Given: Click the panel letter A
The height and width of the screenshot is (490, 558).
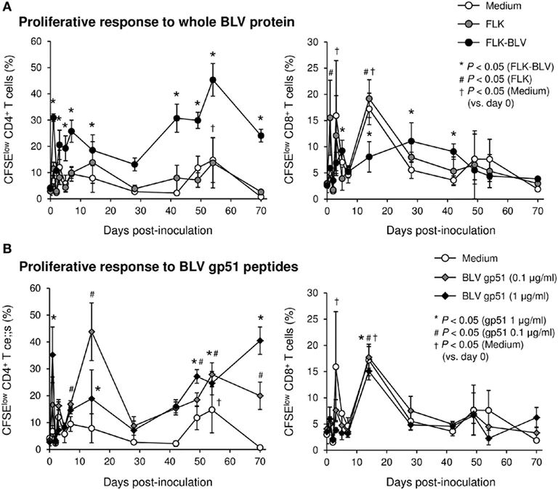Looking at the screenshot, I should click(x=7, y=7).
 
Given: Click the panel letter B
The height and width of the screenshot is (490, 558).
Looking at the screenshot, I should click(x=7, y=249).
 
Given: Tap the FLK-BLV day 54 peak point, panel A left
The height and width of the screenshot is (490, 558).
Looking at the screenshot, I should click(x=213, y=80).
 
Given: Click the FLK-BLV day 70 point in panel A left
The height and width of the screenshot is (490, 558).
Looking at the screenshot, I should click(x=261, y=136).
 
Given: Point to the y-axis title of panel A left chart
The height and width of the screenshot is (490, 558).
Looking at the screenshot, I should click(x=10, y=120).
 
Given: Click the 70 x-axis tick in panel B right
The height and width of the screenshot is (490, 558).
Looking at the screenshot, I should click(x=538, y=462).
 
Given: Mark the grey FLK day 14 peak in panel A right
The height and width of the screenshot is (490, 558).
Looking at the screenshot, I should click(x=369, y=99).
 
